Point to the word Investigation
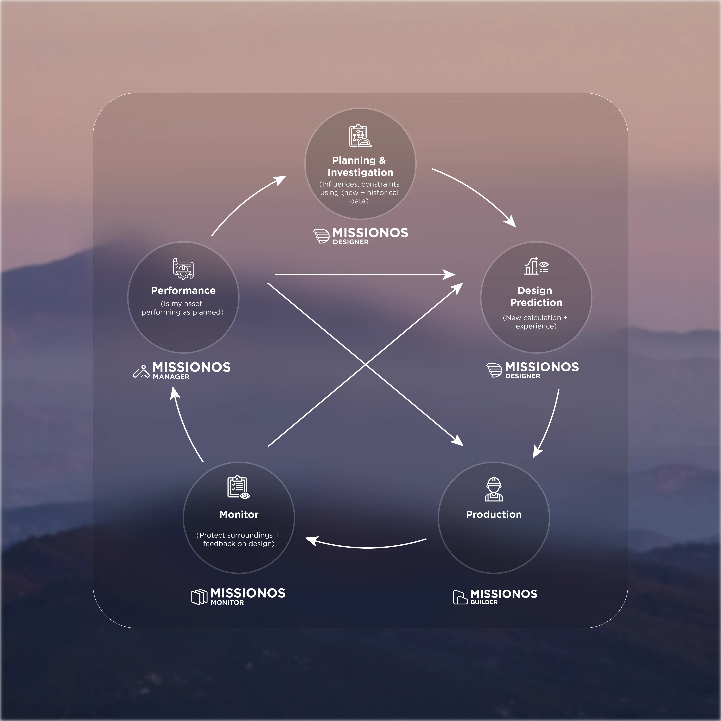[360, 172]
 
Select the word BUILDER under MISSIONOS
[484, 602]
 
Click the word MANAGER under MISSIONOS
[171, 377]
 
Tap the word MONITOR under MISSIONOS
[227, 603]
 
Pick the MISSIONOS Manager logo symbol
[141, 372]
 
